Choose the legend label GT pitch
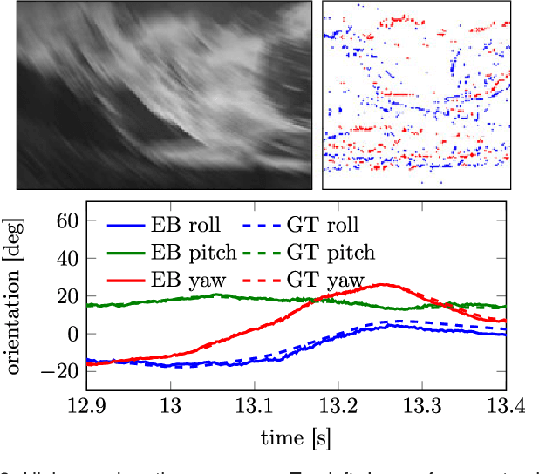330,253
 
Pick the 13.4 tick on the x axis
505,405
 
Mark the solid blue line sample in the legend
126,225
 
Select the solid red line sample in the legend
126,281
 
